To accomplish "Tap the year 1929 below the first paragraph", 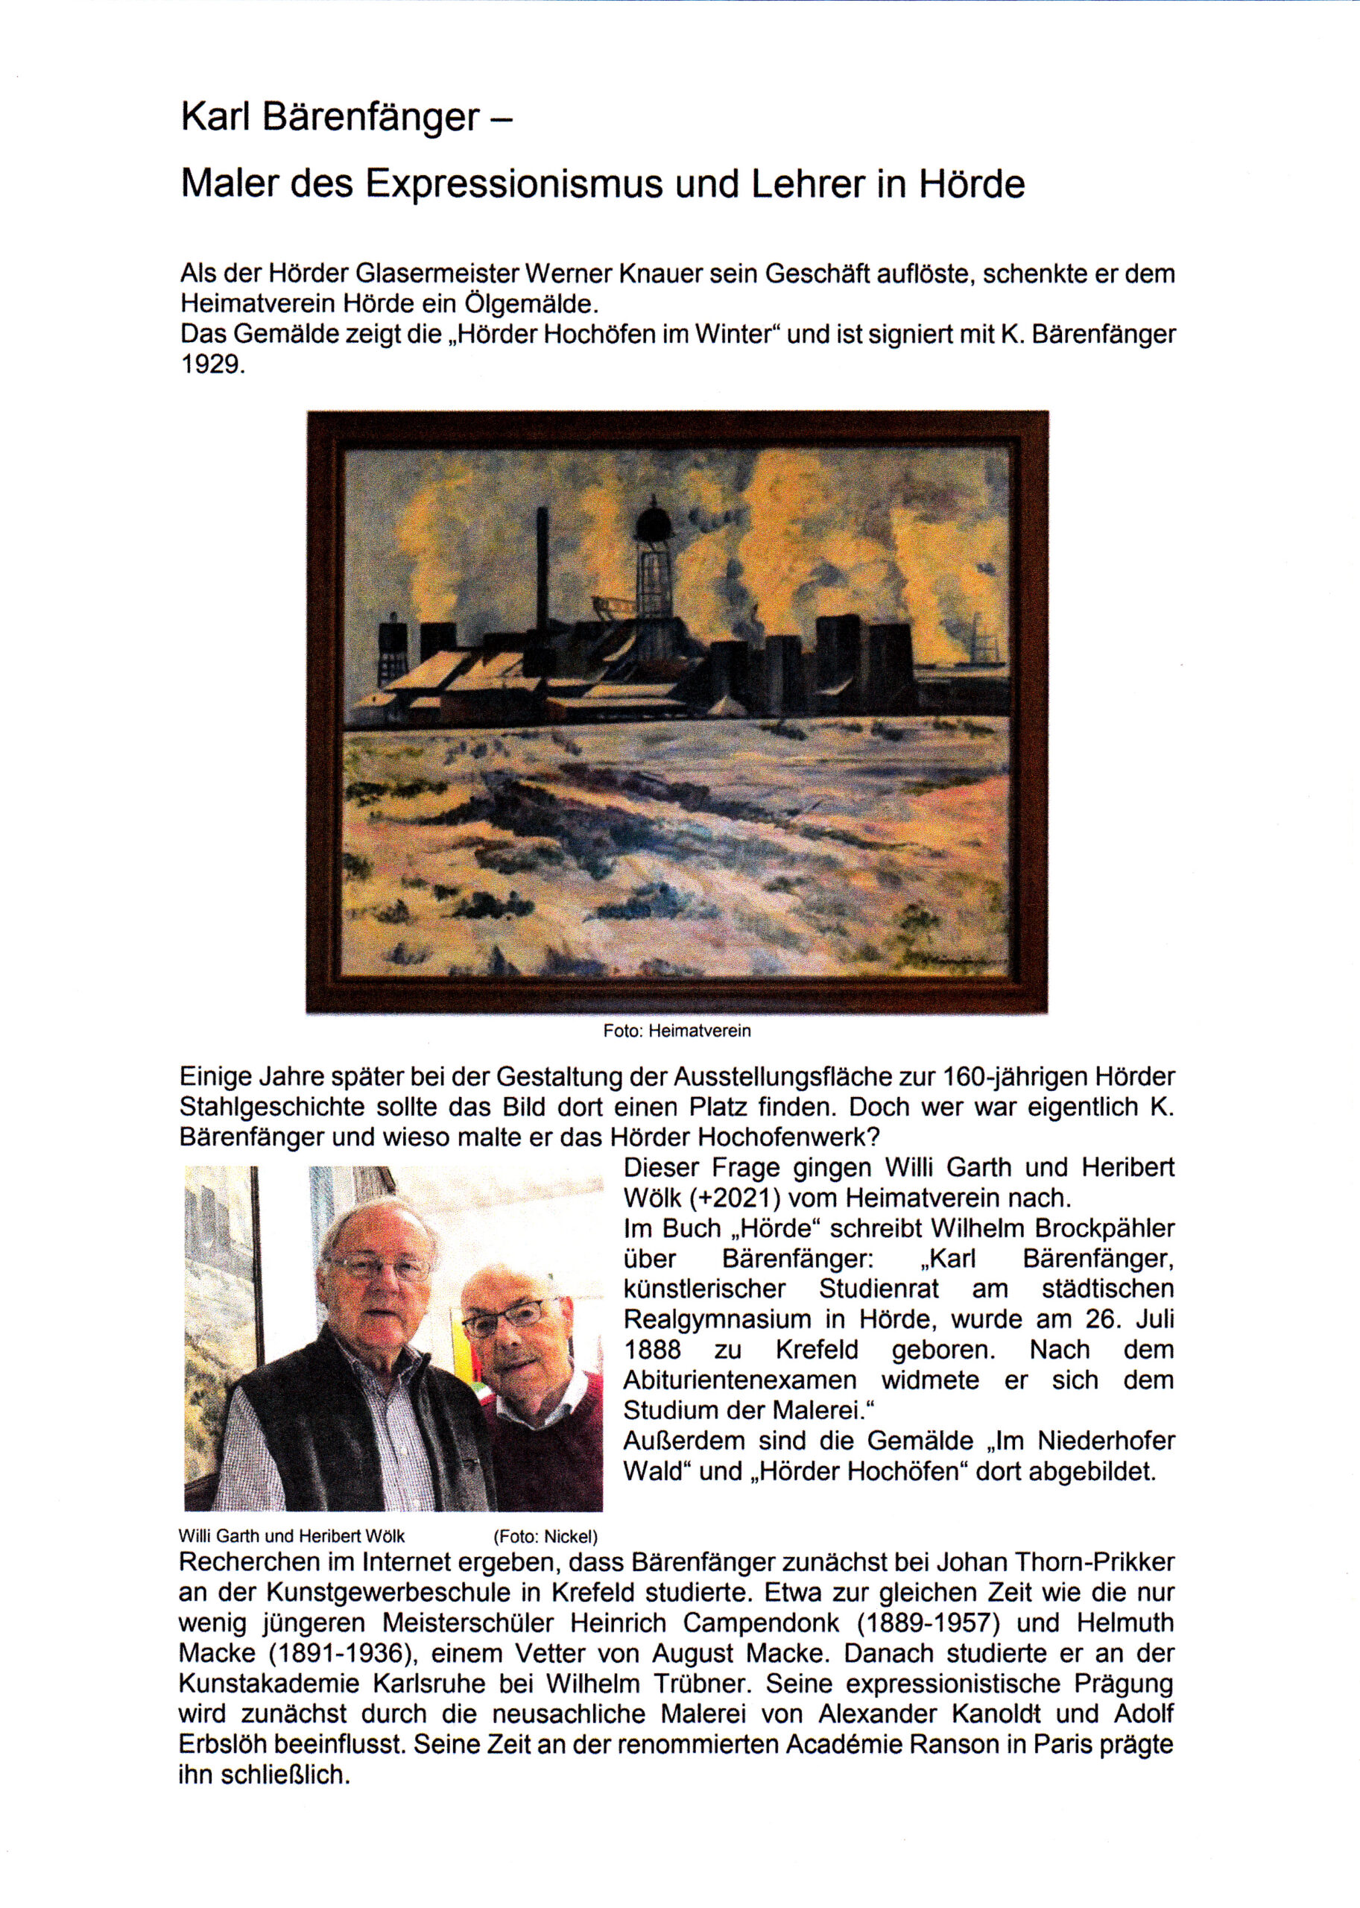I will (212, 366).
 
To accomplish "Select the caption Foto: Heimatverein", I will (677, 1031).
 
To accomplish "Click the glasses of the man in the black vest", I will (379, 1266).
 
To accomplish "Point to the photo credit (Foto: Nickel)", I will (545, 1537).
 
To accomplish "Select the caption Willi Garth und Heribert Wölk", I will (291, 1537).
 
